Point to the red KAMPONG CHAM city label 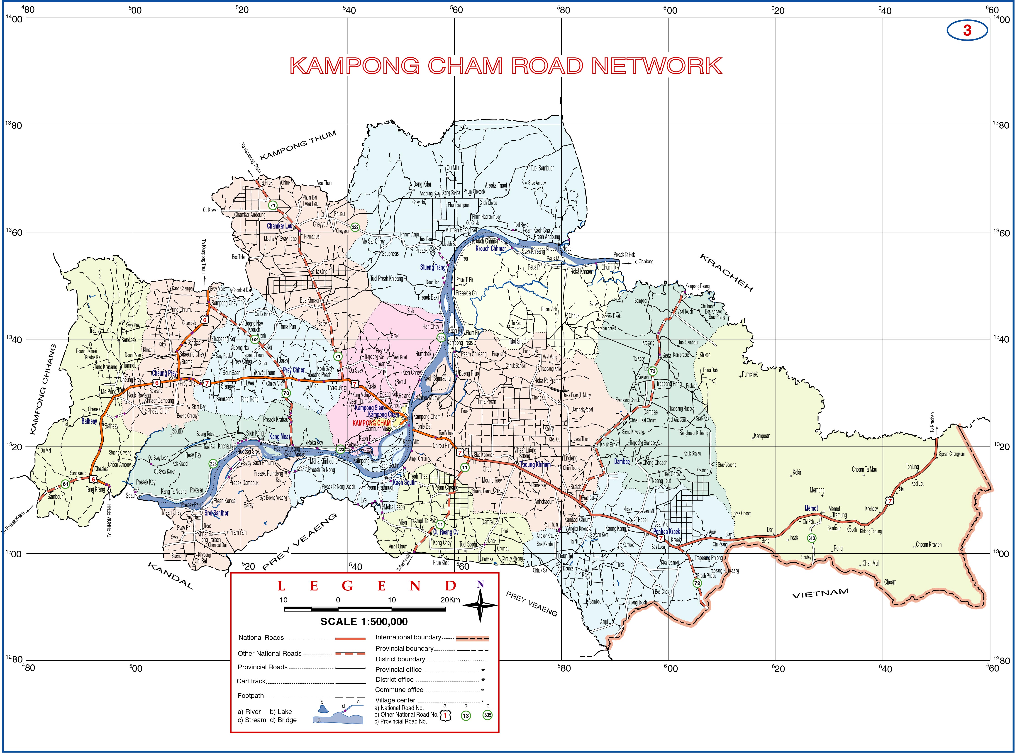coord(371,423)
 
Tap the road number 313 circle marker coord(811,538)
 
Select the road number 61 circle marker coord(66,484)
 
